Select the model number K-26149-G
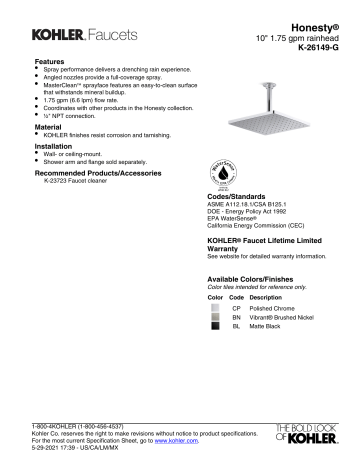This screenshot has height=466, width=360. click(318, 47)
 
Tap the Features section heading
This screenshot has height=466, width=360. click(51, 63)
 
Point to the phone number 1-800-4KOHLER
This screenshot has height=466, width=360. click(62, 425)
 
